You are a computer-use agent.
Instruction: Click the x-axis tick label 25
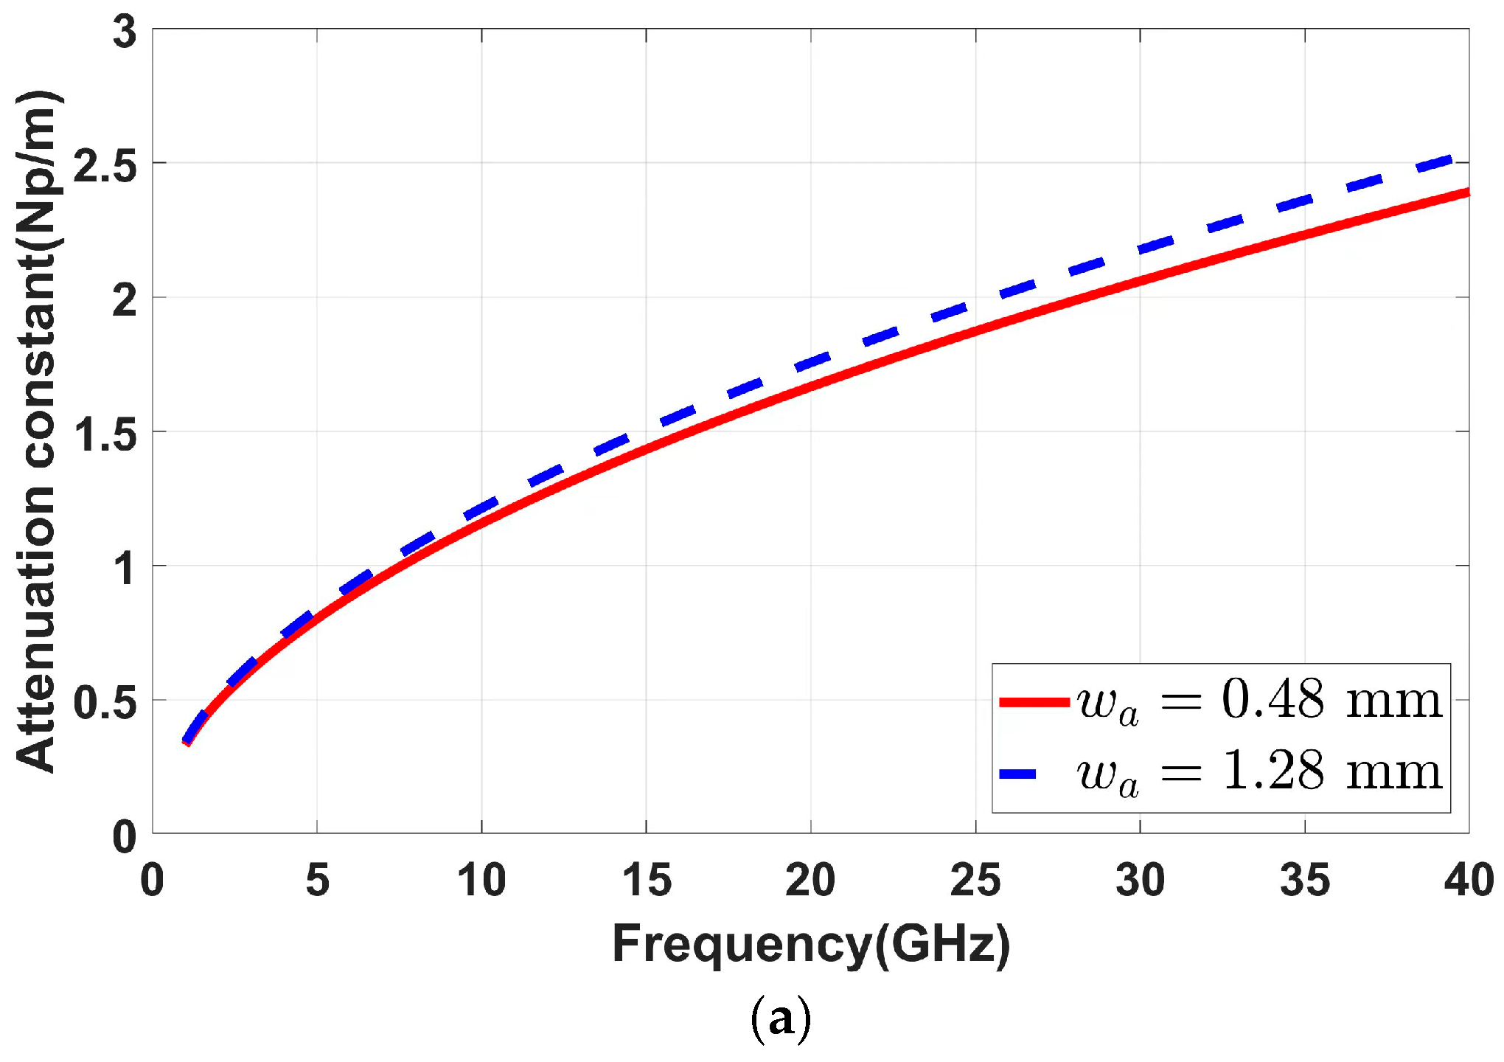point(975,881)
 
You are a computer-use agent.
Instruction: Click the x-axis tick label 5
point(317,881)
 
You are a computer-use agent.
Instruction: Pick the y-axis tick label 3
point(125,32)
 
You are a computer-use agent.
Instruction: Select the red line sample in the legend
point(1034,701)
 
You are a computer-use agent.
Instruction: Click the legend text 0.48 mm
point(1331,699)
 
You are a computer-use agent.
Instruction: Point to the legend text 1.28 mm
point(1331,771)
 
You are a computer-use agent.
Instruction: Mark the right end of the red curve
point(1467,192)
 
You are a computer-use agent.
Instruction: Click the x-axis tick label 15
point(647,881)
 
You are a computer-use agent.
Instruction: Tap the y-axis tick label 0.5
point(106,703)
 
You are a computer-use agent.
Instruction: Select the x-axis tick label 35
point(1304,881)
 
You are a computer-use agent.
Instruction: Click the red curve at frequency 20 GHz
point(811,386)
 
